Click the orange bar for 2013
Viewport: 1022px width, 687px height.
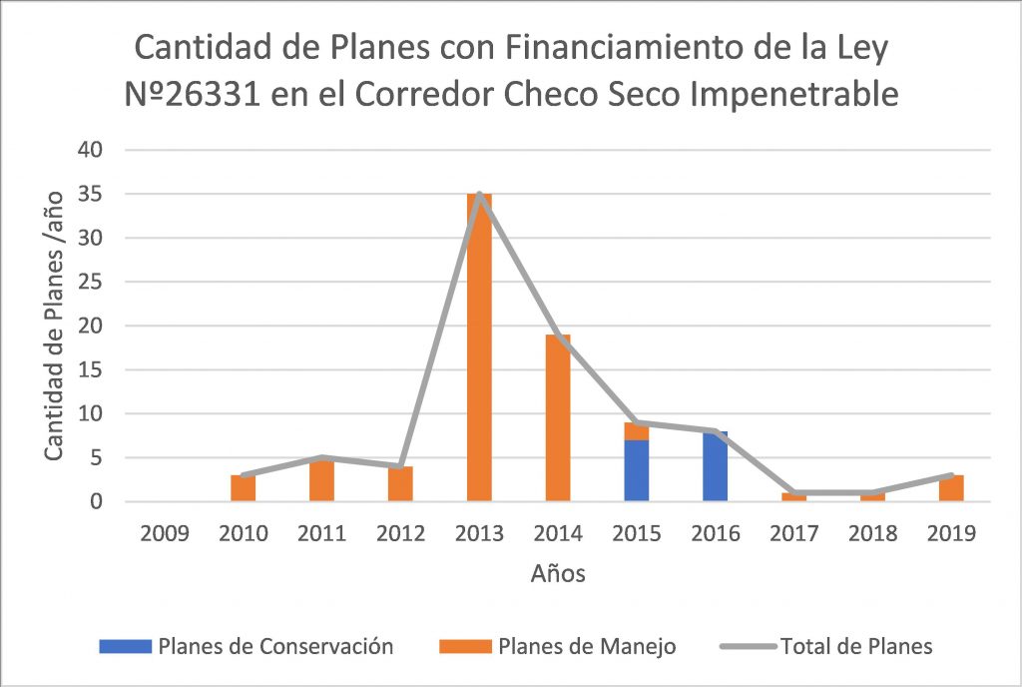[479, 349]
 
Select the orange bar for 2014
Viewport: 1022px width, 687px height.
[558, 419]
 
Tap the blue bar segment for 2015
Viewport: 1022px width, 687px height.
[637, 470]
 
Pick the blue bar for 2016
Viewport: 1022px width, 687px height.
[715, 467]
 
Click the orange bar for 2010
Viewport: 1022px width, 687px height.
[244, 488]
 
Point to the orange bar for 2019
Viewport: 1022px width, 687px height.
[951, 488]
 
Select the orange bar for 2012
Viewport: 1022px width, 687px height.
[400, 484]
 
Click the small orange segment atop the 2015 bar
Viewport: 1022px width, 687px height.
[637, 431]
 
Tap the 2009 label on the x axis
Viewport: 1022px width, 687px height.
[165, 533]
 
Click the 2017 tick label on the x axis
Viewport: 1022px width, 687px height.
[793, 533]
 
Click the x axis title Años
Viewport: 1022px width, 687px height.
[558, 573]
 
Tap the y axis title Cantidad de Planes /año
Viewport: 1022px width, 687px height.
[56, 325]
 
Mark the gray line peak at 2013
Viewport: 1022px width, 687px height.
[480, 195]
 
